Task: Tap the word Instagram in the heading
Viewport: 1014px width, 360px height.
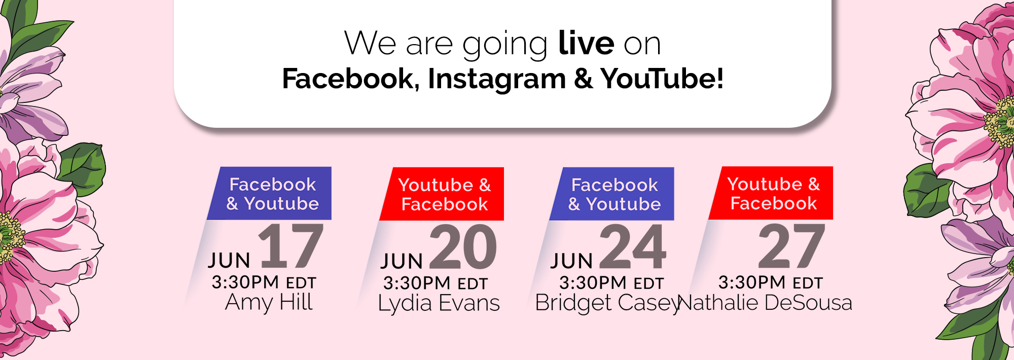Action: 497,80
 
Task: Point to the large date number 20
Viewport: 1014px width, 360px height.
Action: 463,247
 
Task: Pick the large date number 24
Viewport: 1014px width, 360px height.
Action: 633,247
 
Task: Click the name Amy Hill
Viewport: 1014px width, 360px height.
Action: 269,302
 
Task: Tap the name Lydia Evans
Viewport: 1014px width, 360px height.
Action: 439,303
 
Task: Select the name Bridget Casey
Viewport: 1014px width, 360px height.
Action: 607,303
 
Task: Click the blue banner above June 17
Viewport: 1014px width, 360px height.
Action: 269,193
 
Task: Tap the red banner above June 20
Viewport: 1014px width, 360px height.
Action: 442,194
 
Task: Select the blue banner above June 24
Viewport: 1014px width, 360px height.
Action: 612,194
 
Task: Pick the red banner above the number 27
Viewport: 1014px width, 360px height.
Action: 771,193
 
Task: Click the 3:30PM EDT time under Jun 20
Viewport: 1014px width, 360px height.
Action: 436,283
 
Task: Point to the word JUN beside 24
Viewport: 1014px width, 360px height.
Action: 572,261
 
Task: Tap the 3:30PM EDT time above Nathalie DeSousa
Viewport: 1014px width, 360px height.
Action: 771,282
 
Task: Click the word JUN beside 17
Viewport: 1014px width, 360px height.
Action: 229,261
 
